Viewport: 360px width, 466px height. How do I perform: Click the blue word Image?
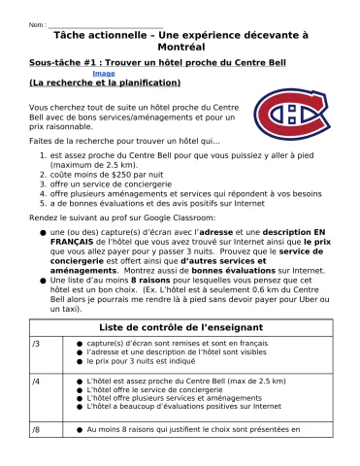pos(103,74)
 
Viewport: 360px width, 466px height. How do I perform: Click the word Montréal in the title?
pos(180,46)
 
